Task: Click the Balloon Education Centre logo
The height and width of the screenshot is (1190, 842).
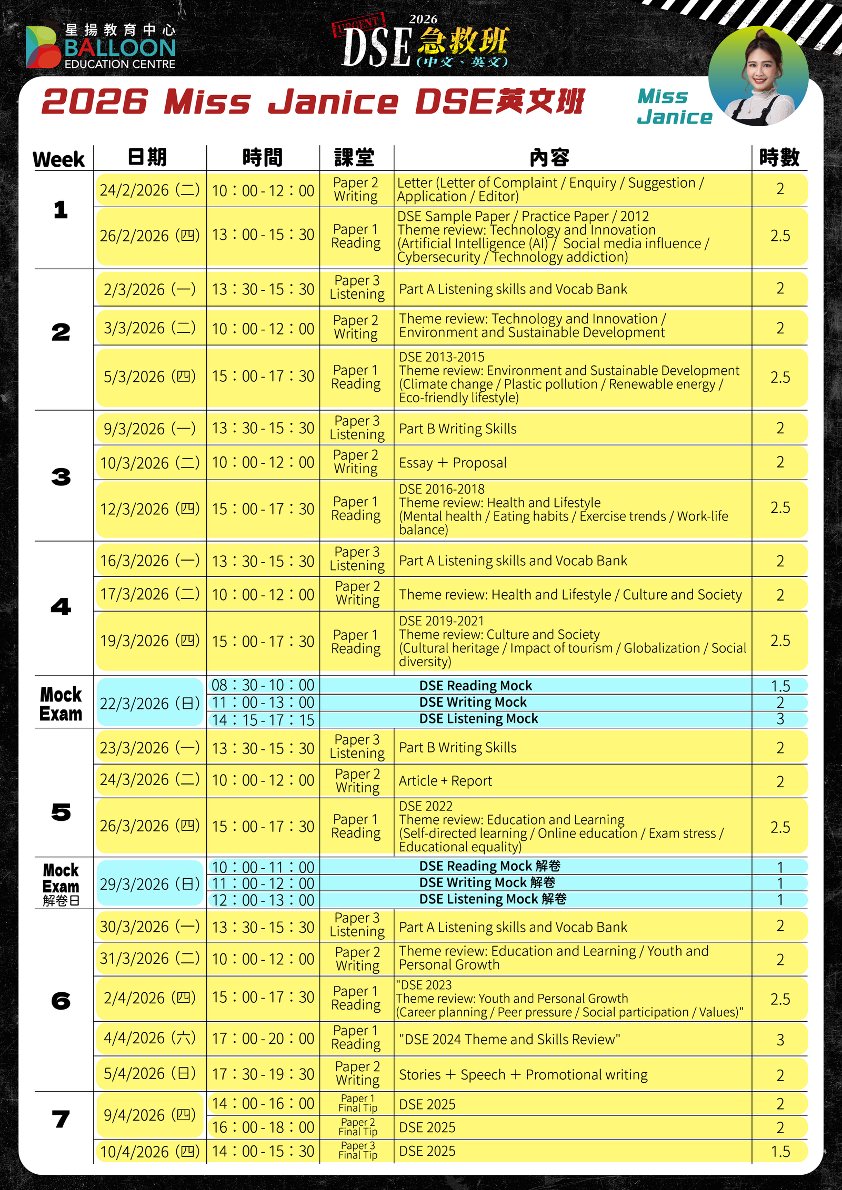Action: (100, 46)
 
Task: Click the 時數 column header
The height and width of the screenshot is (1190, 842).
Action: (779, 157)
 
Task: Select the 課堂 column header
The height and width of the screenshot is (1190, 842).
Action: (355, 157)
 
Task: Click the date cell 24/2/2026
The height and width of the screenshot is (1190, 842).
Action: (150, 190)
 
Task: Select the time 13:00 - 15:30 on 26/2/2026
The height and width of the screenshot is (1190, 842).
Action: (263, 235)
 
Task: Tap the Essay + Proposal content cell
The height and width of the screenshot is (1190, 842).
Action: (453, 463)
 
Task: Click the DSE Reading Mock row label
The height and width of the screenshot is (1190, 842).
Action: (475, 686)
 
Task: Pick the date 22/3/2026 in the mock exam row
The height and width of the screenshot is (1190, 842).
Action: (150, 703)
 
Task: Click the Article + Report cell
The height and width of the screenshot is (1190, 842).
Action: (445, 781)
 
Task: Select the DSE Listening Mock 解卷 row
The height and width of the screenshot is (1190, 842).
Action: (493, 899)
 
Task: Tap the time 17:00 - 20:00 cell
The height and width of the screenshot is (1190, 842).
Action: (263, 1039)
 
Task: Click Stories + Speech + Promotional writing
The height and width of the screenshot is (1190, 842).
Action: (523, 1075)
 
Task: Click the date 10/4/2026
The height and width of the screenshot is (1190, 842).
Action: (150, 1152)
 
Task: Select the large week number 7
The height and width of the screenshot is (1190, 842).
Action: (61, 1118)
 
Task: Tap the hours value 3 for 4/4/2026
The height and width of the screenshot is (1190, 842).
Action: (780, 1040)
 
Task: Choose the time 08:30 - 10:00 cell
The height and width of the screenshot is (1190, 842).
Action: (263, 685)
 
